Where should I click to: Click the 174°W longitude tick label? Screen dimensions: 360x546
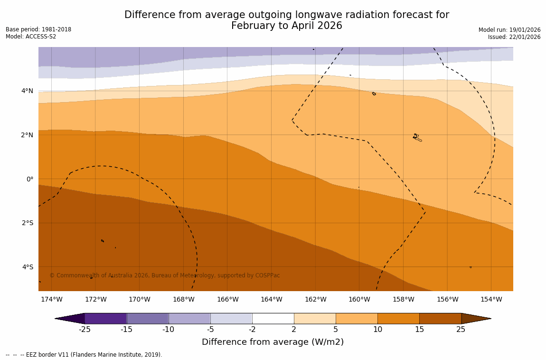(x=51, y=299)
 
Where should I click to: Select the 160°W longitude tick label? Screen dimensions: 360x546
(x=359, y=299)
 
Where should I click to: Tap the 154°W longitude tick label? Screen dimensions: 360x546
(x=491, y=299)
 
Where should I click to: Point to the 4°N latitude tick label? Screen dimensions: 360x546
(x=28, y=91)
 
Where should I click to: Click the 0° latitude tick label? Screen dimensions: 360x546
(x=30, y=179)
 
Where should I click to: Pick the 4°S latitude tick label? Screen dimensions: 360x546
(x=28, y=267)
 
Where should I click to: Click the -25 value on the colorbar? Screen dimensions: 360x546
(x=85, y=330)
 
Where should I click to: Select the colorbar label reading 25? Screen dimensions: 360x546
(x=461, y=330)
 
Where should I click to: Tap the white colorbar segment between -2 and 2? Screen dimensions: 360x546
(x=273, y=318)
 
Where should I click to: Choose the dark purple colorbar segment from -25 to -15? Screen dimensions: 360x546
(x=105, y=318)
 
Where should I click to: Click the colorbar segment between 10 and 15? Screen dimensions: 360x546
(x=398, y=318)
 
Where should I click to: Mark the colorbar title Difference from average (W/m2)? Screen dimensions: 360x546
(x=273, y=342)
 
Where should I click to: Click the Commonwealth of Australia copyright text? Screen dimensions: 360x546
(x=164, y=275)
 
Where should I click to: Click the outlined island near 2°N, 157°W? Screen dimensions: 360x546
(x=417, y=138)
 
